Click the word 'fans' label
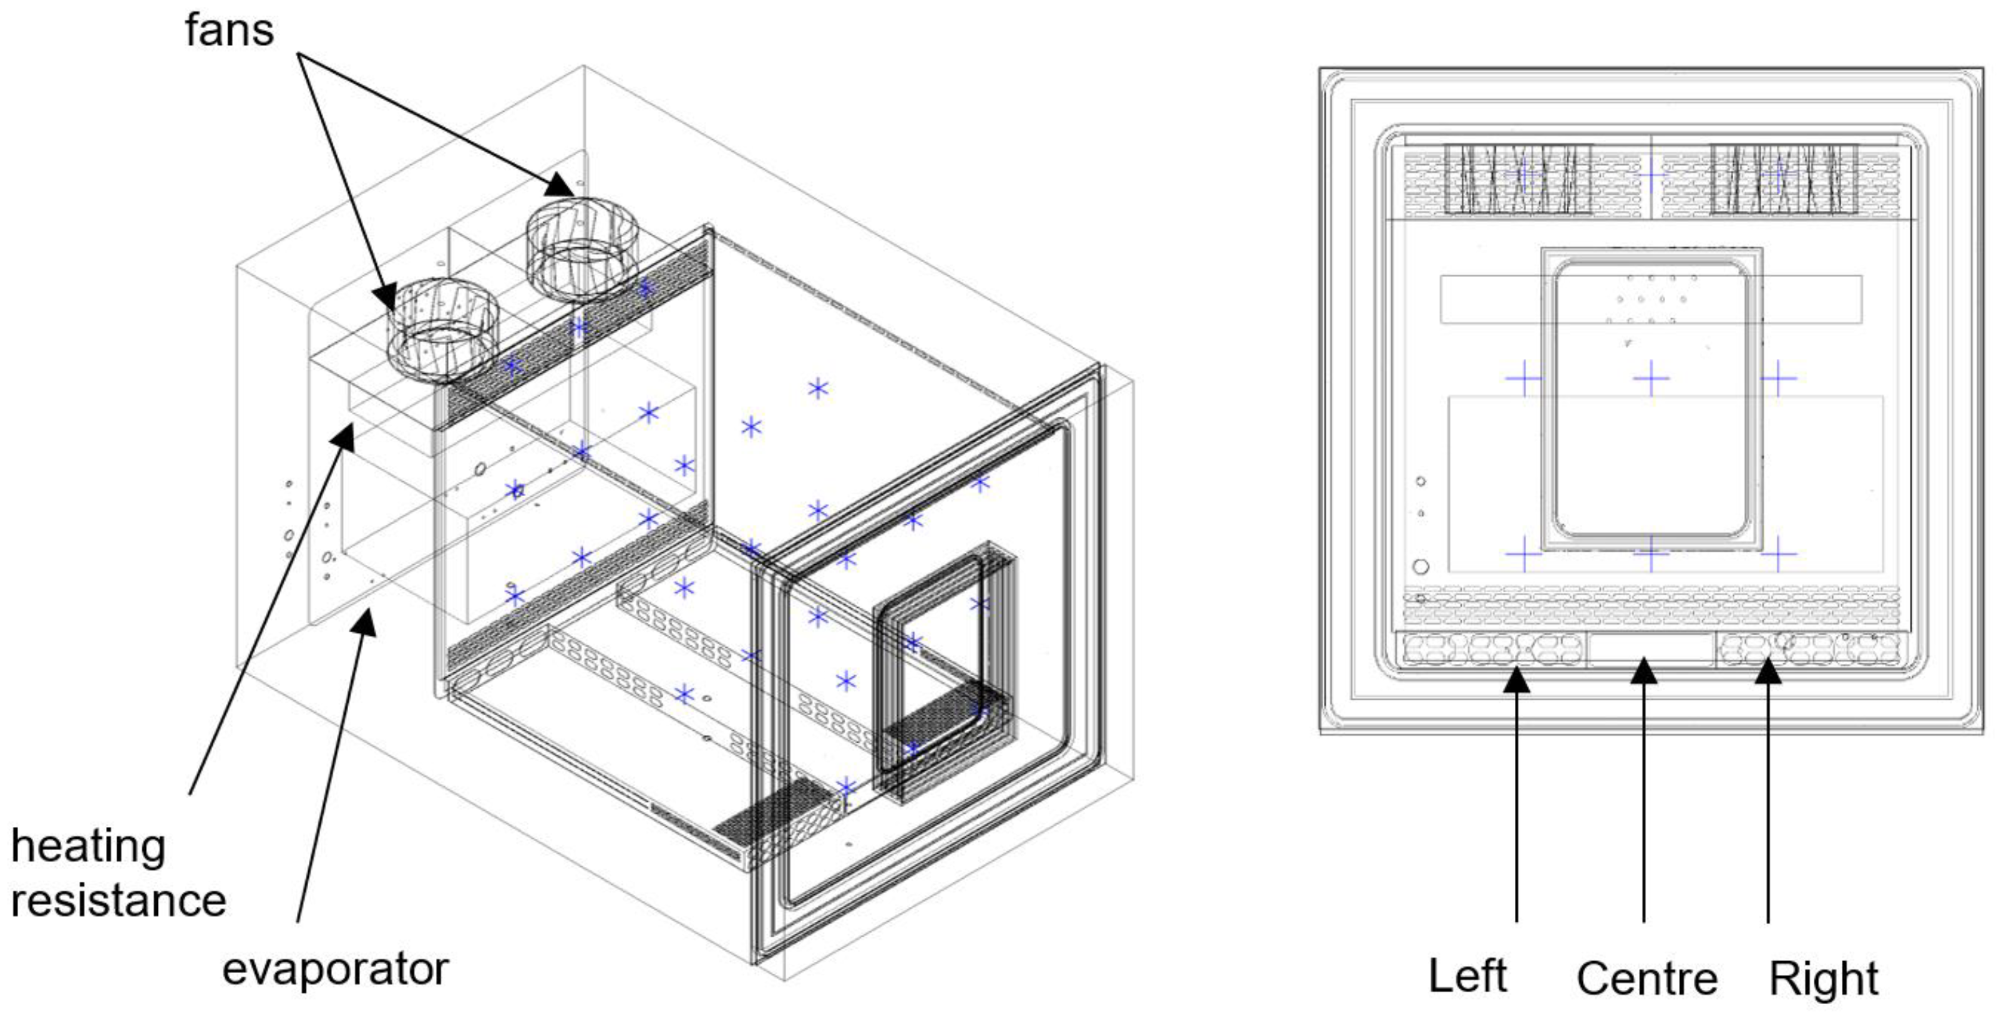229,31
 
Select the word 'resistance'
119,901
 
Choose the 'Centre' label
1646,979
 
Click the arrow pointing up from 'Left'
1516,795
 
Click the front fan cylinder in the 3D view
442,331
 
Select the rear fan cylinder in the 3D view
582,249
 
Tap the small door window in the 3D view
943,672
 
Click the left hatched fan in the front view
1518,178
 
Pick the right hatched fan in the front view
1783,178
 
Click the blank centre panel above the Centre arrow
1651,650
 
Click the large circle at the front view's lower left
1420,567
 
